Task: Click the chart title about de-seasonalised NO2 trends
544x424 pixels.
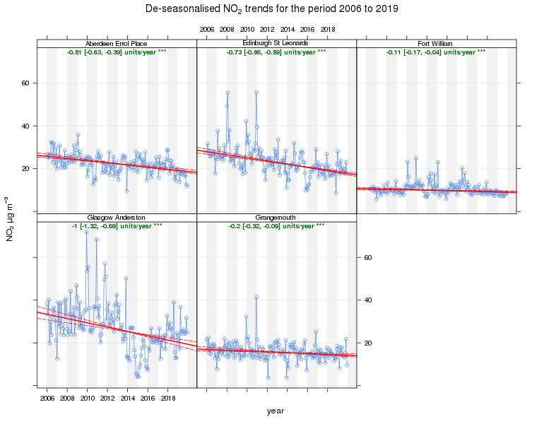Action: click(x=271, y=10)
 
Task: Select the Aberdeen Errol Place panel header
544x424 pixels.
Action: click(x=117, y=44)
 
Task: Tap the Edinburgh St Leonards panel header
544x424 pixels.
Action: click(x=276, y=44)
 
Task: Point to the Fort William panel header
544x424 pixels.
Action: click(x=436, y=44)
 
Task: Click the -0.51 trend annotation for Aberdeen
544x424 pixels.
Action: click(x=117, y=52)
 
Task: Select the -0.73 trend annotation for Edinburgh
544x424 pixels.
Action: click(x=276, y=52)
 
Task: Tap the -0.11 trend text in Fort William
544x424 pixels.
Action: click(x=436, y=52)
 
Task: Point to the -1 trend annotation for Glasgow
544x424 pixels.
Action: click(x=117, y=226)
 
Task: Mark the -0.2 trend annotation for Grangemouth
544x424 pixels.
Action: click(x=276, y=226)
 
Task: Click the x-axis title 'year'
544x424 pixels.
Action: click(x=276, y=411)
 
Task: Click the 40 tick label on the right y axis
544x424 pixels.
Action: click(x=367, y=300)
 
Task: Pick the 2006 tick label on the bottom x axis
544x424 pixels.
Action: click(x=47, y=399)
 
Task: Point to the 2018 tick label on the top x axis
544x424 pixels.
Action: click(x=328, y=30)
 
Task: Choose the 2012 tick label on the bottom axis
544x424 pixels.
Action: click(x=107, y=399)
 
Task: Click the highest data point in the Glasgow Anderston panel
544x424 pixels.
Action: click(x=86, y=232)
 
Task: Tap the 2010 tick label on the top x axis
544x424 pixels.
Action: click(x=247, y=30)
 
